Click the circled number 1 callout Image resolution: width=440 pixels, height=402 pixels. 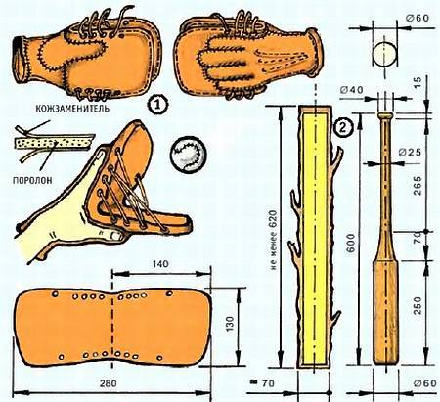(x=157, y=104)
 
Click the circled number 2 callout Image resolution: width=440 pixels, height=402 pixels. (x=343, y=128)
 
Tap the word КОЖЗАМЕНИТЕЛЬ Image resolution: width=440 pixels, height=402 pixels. (x=72, y=108)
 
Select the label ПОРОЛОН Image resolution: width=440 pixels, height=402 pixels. (x=32, y=180)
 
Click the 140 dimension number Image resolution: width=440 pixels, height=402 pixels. (x=159, y=263)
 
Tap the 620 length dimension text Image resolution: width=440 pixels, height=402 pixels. (x=273, y=240)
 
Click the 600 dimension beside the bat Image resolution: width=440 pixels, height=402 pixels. (x=351, y=243)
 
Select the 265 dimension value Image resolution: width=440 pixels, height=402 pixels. (x=418, y=186)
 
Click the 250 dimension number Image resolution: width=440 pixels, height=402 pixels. (x=418, y=306)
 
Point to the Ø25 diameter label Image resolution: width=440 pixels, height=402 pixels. (x=410, y=152)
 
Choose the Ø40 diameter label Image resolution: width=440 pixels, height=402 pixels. (x=351, y=90)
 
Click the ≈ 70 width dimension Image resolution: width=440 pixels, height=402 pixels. (x=261, y=383)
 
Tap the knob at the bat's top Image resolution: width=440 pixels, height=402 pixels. (x=385, y=116)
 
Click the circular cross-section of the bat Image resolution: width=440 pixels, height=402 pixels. (x=385, y=54)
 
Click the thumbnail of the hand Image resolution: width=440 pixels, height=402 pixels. (x=114, y=235)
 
